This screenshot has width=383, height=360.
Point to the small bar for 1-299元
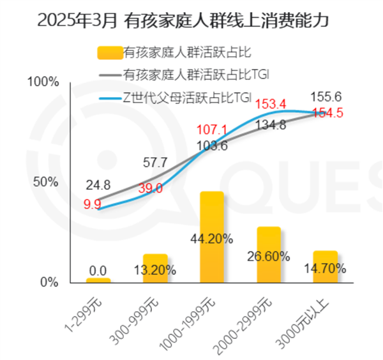(x=98, y=280)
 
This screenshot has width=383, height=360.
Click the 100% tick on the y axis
(x=45, y=82)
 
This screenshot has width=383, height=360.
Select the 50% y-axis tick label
(x=47, y=182)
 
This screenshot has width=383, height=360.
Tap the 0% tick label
(x=49, y=281)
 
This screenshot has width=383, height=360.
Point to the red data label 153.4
(x=271, y=104)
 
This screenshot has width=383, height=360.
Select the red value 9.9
(x=93, y=204)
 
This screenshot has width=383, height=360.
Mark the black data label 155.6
(x=326, y=97)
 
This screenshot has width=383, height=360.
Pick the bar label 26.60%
(x=269, y=257)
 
